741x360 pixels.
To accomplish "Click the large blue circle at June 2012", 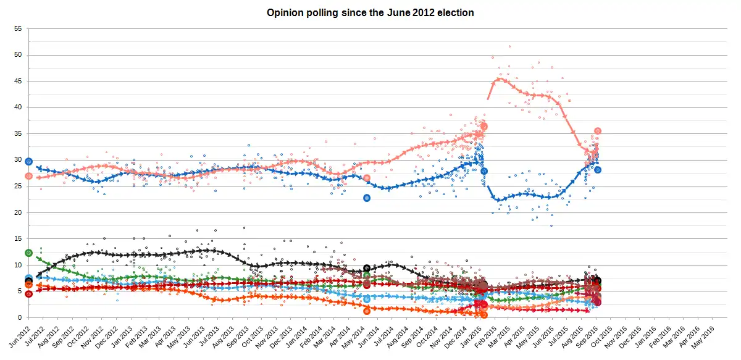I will click(28, 161).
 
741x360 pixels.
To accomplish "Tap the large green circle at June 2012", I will click(28, 253).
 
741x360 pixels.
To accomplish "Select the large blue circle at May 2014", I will click(367, 198).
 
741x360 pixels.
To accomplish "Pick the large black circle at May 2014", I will click(367, 269).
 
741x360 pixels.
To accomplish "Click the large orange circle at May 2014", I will click(367, 311).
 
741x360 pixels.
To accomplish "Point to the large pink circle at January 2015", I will click(484, 126).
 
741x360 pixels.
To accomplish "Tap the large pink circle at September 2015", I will click(598, 131).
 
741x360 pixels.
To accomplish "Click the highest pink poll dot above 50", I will click(509, 46).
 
